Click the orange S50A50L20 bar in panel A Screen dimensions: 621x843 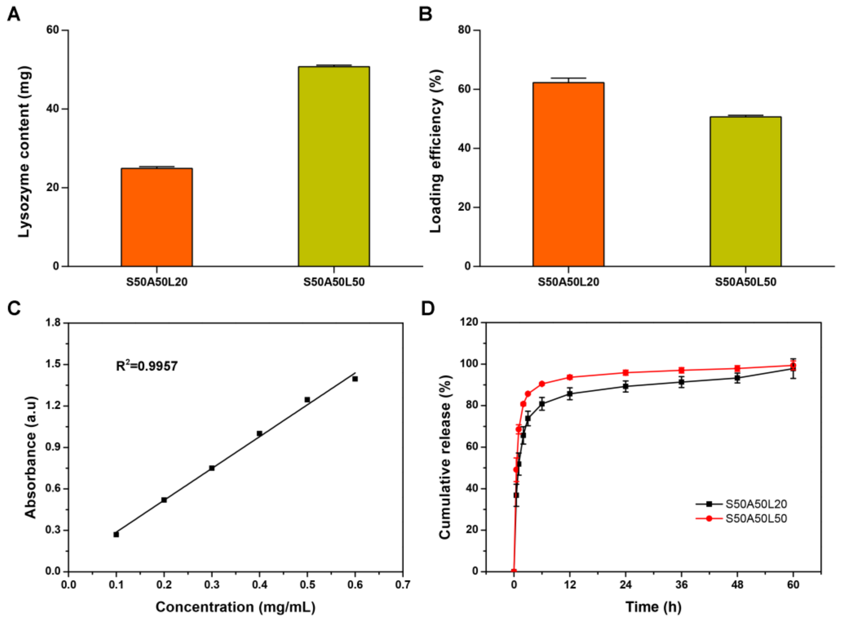tap(157, 217)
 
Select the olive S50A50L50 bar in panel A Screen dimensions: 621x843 tap(334, 167)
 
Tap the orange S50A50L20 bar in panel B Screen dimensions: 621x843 tap(568, 174)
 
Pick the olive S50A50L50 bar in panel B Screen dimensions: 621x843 tap(745, 191)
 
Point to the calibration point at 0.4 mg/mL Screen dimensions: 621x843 tap(260, 433)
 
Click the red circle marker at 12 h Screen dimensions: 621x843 tap(570, 377)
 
